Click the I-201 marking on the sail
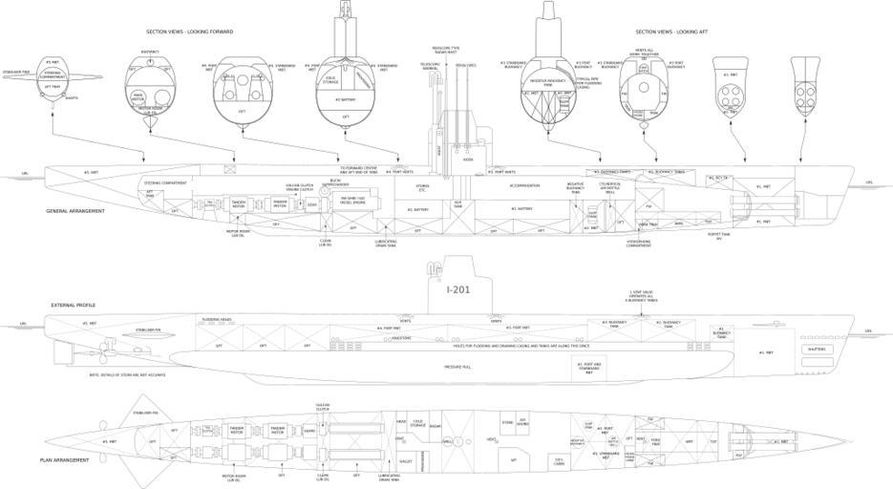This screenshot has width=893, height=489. coord(461,289)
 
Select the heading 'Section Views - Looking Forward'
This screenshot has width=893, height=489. coord(196,32)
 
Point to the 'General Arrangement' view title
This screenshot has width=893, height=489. coord(75,210)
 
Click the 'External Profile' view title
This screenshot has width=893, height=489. coord(74,305)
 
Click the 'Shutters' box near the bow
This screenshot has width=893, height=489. coord(818,350)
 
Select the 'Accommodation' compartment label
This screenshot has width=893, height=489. coord(524,185)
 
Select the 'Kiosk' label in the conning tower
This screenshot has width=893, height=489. coord(468,159)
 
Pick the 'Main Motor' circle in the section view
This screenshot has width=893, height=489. coord(138,96)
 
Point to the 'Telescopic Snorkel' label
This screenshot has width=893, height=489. coord(430,66)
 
